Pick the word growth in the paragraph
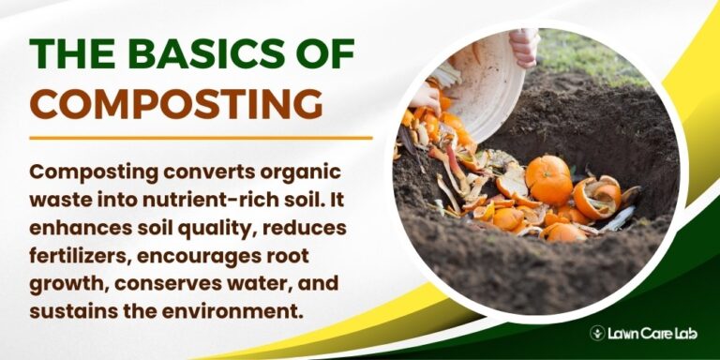62,281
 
